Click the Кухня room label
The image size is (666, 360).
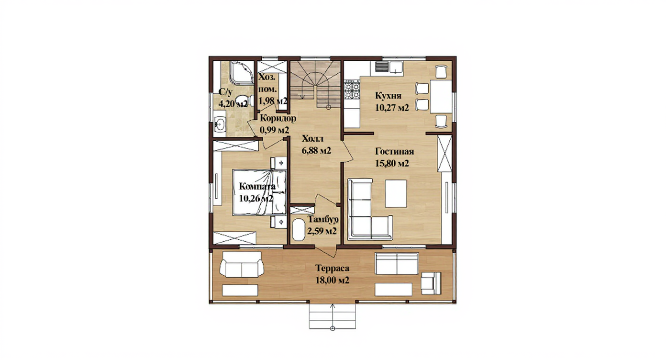pyautogui.click(x=388, y=96)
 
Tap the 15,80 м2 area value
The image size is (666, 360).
pyautogui.click(x=392, y=164)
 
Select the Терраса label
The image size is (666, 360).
pyautogui.click(x=332, y=269)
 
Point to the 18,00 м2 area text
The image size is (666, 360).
pyautogui.click(x=332, y=280)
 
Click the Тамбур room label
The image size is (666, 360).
pyautogui.click(x=323, y=220)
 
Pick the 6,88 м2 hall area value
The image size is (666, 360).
pyautogui.click(x=316, y=150)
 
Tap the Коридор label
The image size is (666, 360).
pyautogui.click(x=278, y=118)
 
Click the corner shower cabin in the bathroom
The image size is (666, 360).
pyautogui.click(x=242, y=72)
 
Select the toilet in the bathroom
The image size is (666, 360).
pyautogui.click(x=245, y=100)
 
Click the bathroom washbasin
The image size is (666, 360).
pyautogui.click(x=220, y=124)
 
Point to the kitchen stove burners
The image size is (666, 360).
pyautogui.click(x=352, y=90)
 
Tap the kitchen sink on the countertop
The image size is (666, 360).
pyautogui.click(x=396, y=67)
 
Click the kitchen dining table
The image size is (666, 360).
pyautogui.click(x=441, y=96)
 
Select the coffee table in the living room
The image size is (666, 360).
pyautogui.click(x=396, y=194)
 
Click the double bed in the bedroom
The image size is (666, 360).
pyautogui.click(x=259, y=192)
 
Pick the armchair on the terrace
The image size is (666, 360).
pyautogui.click(x=431, y=283)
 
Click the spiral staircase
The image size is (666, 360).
pyautogui.click(x=315, y=85)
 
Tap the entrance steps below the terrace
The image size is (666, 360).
pyautogui.click(x=333, y=316)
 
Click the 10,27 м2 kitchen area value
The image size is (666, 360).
pyautogui.click(x=392, y=108)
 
